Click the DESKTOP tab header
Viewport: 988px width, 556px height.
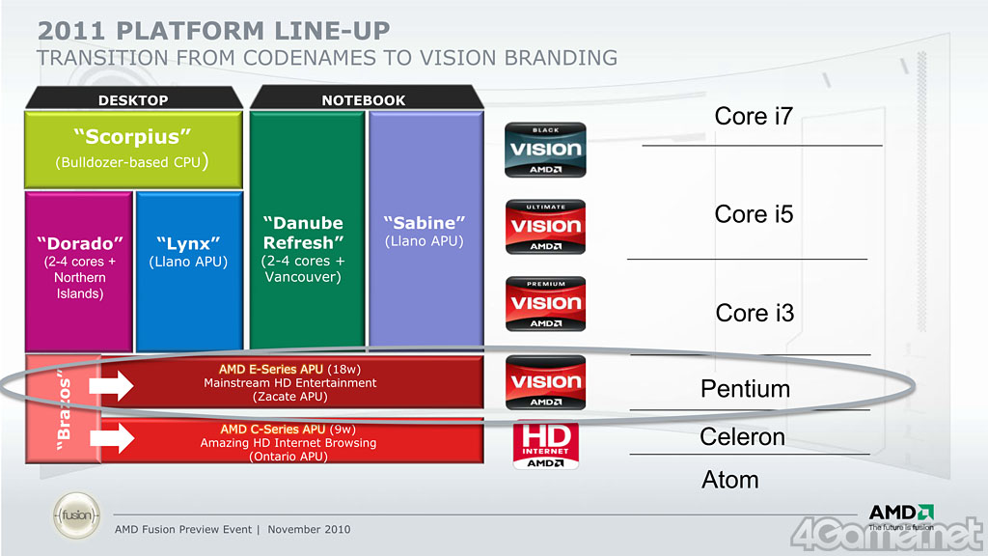click(x=133, y=99)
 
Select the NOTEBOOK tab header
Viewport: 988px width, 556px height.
click(x=364, y=99)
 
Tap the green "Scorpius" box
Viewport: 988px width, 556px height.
click(x=132, y=149)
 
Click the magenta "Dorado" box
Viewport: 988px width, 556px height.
click(x=79, y=270)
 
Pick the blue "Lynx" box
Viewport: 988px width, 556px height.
click(x=188, y=270)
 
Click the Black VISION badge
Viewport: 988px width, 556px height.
click(x=545, y=150)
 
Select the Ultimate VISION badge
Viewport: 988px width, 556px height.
click(x=545, y=227)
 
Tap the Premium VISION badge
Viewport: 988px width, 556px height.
click(x=545, y=304)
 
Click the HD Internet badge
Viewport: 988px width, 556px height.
click(x=545, y=444)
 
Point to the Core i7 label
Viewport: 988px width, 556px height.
click(x=754, y=117)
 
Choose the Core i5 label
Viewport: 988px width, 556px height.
click(x=754, y=214)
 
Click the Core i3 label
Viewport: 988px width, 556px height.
click(x=755, y=313)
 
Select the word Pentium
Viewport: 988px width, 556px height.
click(x=745, y=389)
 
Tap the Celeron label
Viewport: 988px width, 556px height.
click(x=742, y=437)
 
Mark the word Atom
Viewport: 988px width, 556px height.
click(x=730, y=480)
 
